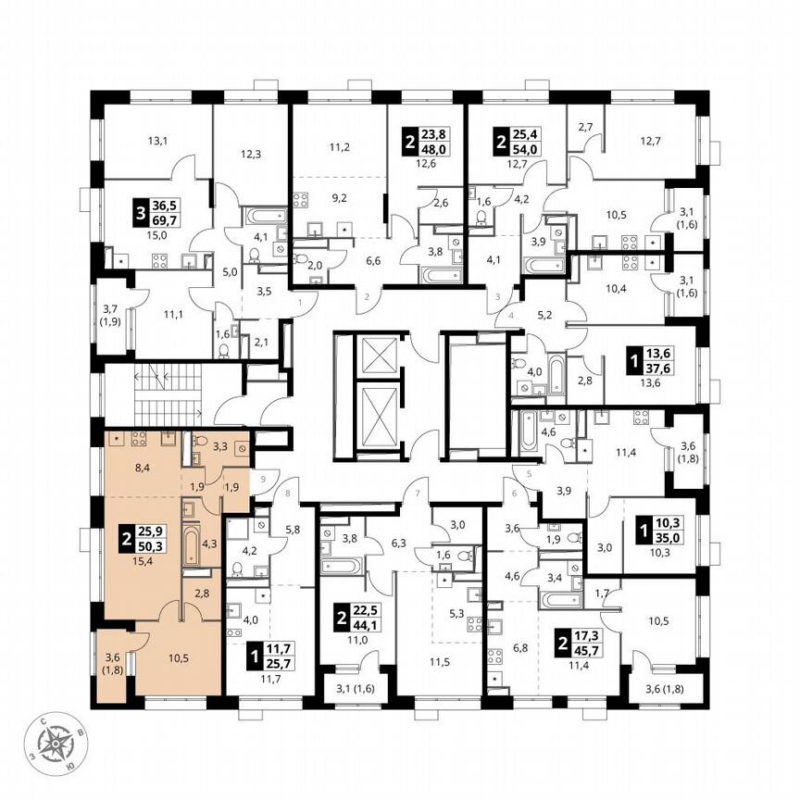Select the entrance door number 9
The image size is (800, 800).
264,479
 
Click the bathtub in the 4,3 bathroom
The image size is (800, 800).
189,547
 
